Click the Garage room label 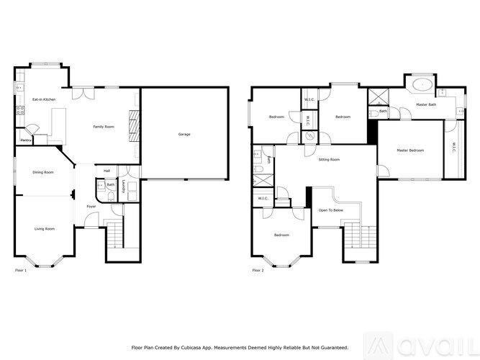(185, 135)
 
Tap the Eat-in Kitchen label (44, 99)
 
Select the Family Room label (104, 127)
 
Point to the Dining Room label (43, 173)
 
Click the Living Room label (45, 229)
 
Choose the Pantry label (26, 140)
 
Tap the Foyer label (91, 207)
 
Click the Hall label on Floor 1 (107, 171)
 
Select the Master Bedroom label (410, 150)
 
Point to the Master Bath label (427, 105)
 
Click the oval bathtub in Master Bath (421, 85)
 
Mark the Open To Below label (331, 210)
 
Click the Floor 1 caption (21, 271)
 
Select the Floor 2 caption (258, 271)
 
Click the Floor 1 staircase (114, 234)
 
